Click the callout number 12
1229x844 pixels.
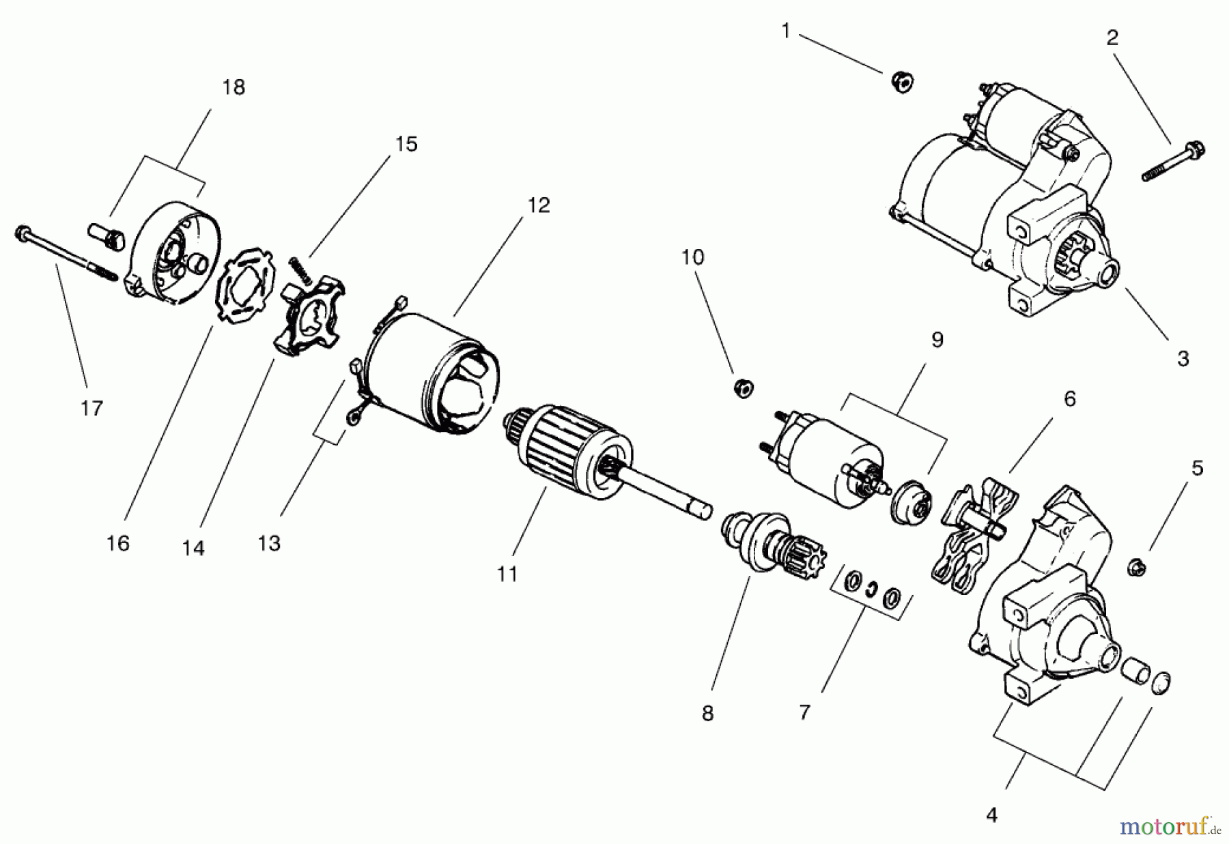pyautogui.click(x=539, y=205)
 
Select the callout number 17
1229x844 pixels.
pyautogui.click(x=91, y=408)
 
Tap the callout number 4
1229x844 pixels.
pyautogui.click(x=991, y=815)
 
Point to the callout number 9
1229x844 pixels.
pyautogui.click(x=937, y=340)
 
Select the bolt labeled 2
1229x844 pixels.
pyautogui.click(x=1174, y=161)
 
